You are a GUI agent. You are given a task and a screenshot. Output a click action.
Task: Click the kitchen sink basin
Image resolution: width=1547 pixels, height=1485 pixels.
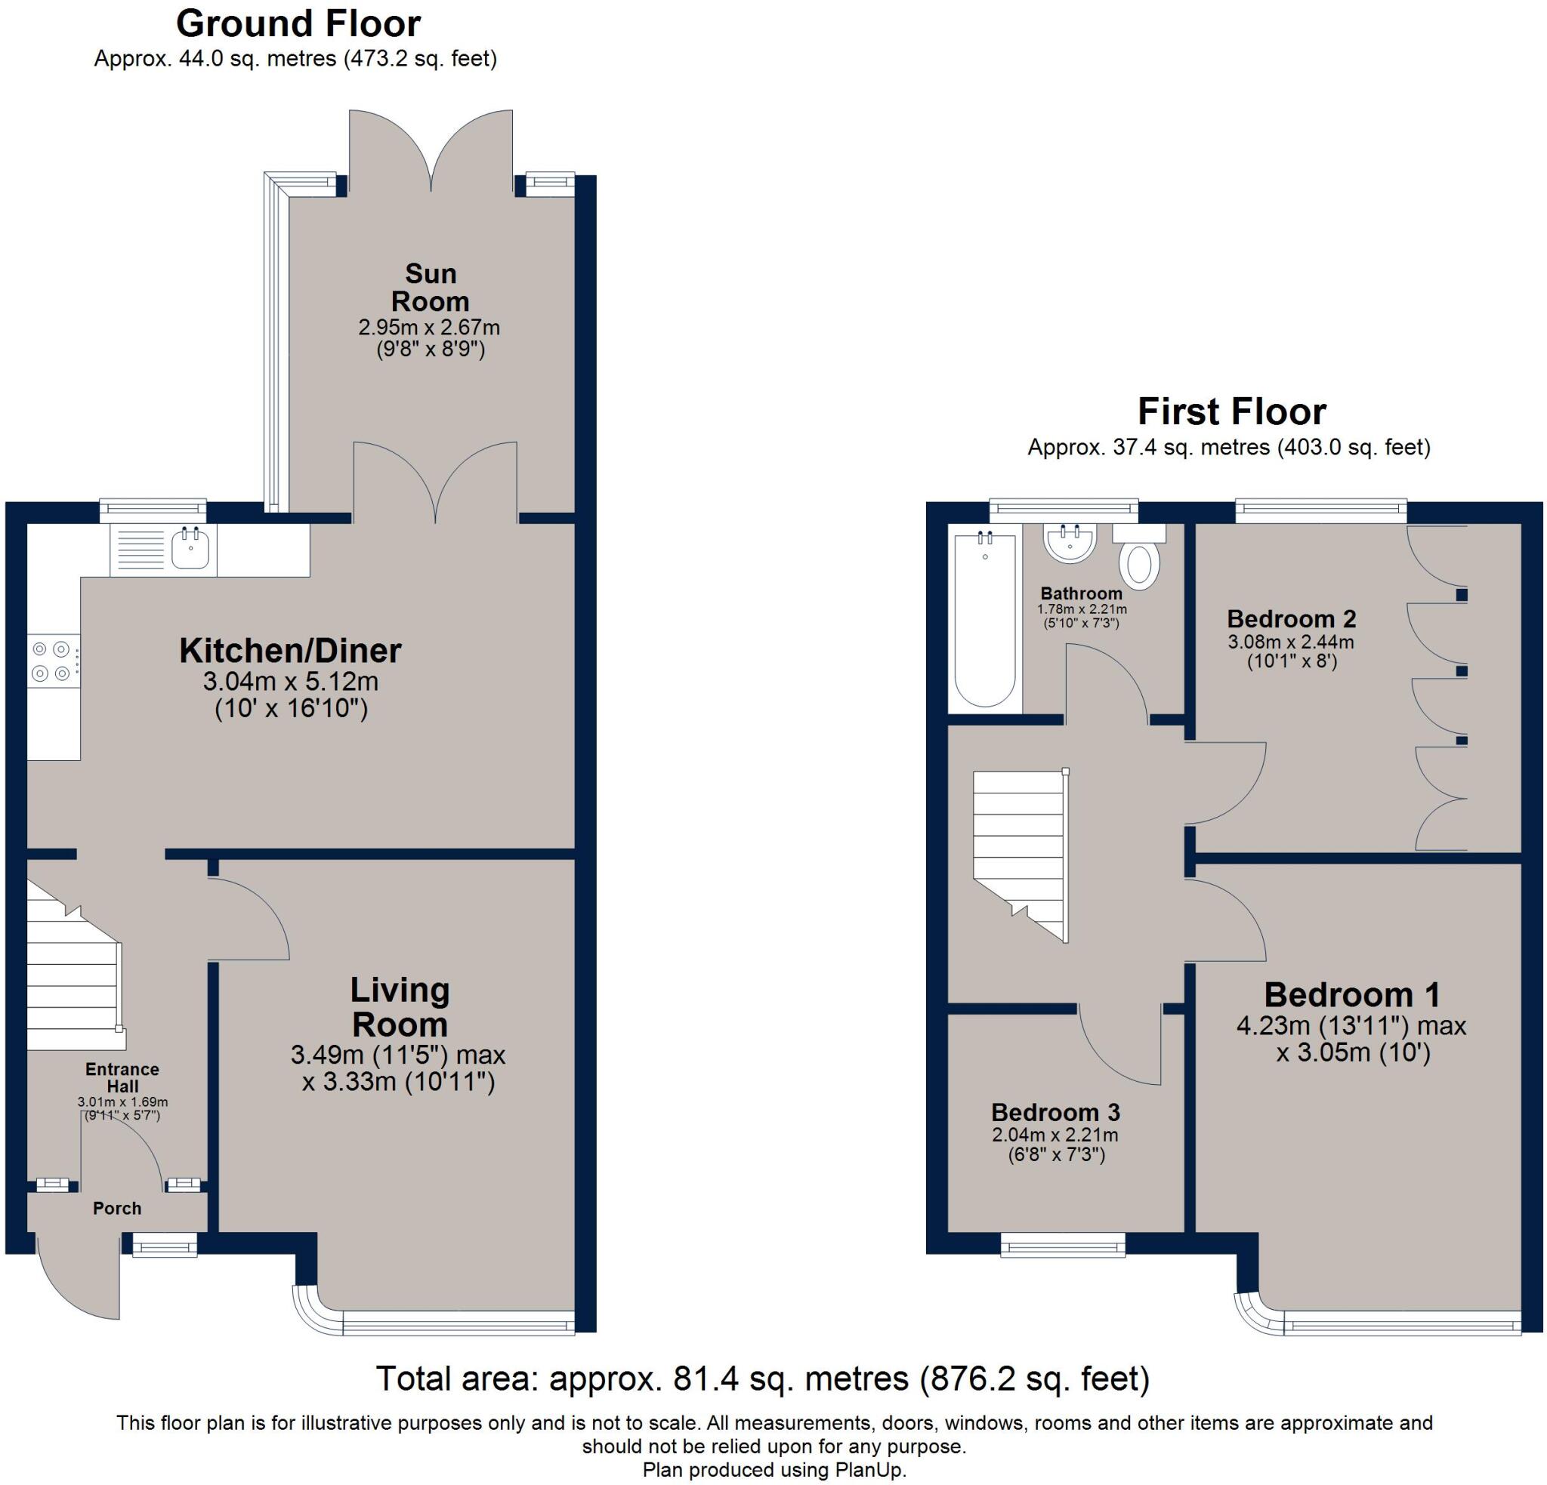coord(191,548)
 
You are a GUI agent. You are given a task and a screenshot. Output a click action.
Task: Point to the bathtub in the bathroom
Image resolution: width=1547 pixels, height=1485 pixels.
coord(985,619)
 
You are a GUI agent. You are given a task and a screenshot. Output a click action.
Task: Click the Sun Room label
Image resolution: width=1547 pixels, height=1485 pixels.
coord(430,287)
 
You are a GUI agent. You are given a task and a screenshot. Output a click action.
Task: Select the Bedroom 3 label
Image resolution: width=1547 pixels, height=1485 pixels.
coord(1055,1113)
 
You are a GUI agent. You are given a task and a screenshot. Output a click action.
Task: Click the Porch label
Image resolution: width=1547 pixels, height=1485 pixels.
coord(117,1209)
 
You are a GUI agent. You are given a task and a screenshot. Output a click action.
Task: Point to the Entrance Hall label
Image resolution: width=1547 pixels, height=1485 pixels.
coord(122,1078)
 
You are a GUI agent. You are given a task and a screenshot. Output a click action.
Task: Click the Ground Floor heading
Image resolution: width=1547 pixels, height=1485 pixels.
coord(298,23)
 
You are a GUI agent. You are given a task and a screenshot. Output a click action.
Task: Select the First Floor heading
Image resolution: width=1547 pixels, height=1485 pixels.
coord(1231,412)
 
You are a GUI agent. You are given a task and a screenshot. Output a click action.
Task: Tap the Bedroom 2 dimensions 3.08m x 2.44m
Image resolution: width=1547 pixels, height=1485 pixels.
coord(1290,642)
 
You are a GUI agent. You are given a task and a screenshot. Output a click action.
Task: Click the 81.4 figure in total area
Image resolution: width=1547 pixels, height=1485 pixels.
coord(705,1379)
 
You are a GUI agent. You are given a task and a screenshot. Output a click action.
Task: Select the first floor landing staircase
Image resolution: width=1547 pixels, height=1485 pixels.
coord(1020,852)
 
